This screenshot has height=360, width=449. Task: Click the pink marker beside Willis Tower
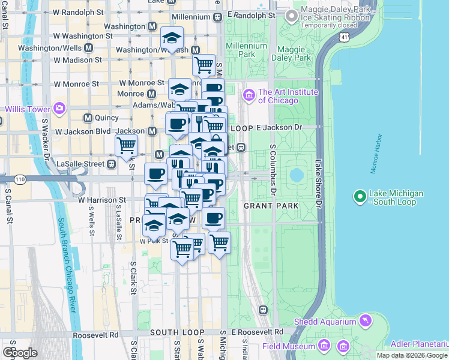coord(59,108)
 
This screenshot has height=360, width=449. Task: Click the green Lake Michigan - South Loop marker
coord(360,197)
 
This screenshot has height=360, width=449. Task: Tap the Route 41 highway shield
coord(343,37)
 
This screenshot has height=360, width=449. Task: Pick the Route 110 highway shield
coord(21,179)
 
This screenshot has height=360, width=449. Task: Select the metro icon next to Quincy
coord(88,118)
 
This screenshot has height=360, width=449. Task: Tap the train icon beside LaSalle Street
coord(112,164)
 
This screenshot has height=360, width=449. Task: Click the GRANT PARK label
coord(271,206)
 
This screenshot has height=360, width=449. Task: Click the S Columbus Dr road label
coord(273,170)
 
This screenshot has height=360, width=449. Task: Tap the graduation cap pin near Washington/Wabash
coord(172,40)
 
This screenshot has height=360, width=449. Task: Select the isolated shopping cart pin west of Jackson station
coord(126,145)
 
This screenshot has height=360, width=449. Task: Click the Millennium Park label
coord(247,50)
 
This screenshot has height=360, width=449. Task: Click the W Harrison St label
coord(102,200)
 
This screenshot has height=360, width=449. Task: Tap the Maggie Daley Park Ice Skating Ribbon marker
coord(292,16)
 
